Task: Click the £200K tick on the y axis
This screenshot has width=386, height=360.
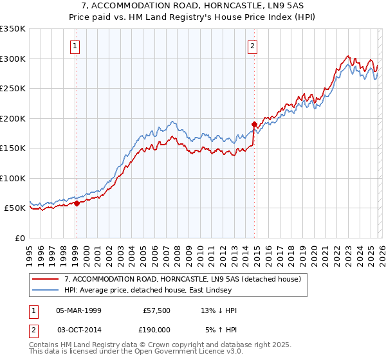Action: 13,118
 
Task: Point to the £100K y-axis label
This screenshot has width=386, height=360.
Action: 13,178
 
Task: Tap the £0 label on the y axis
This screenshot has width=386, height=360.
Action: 19,238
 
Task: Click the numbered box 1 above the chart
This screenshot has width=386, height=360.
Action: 76,46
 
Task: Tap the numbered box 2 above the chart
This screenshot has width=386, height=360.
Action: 253,46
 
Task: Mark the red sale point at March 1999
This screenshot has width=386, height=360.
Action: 77,203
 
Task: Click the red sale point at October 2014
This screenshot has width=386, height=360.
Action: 254,123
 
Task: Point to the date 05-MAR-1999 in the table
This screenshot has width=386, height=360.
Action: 79,310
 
